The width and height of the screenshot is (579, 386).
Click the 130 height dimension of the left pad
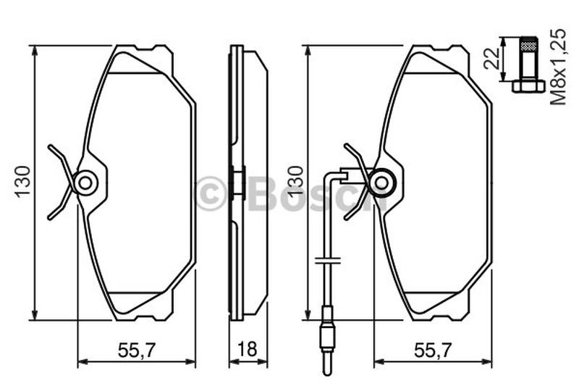click(22, 182)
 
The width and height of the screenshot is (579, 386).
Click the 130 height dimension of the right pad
click(295, 182)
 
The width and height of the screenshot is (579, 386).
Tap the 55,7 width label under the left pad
click(138, 350)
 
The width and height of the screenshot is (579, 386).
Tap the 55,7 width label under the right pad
click(433, 350)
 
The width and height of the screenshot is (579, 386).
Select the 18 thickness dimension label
click(247, 350)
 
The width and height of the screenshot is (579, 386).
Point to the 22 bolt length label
click(492, 59)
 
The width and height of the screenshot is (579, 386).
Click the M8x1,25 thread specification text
click(558, 67)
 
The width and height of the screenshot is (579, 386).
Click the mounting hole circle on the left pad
click(85, 182)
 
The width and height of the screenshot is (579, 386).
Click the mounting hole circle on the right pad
click(382, 182)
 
